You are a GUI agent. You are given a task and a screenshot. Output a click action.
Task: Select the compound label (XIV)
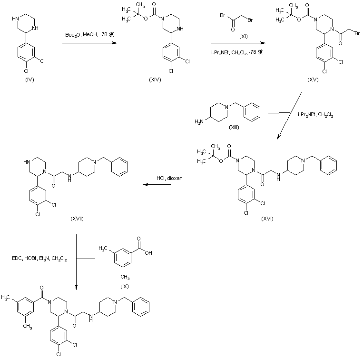click(x=155, y=80)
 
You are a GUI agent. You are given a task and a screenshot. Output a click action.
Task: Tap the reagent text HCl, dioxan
click(x=170, y=179)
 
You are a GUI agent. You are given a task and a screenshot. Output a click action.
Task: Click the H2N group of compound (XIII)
click(x=197, y=122)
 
